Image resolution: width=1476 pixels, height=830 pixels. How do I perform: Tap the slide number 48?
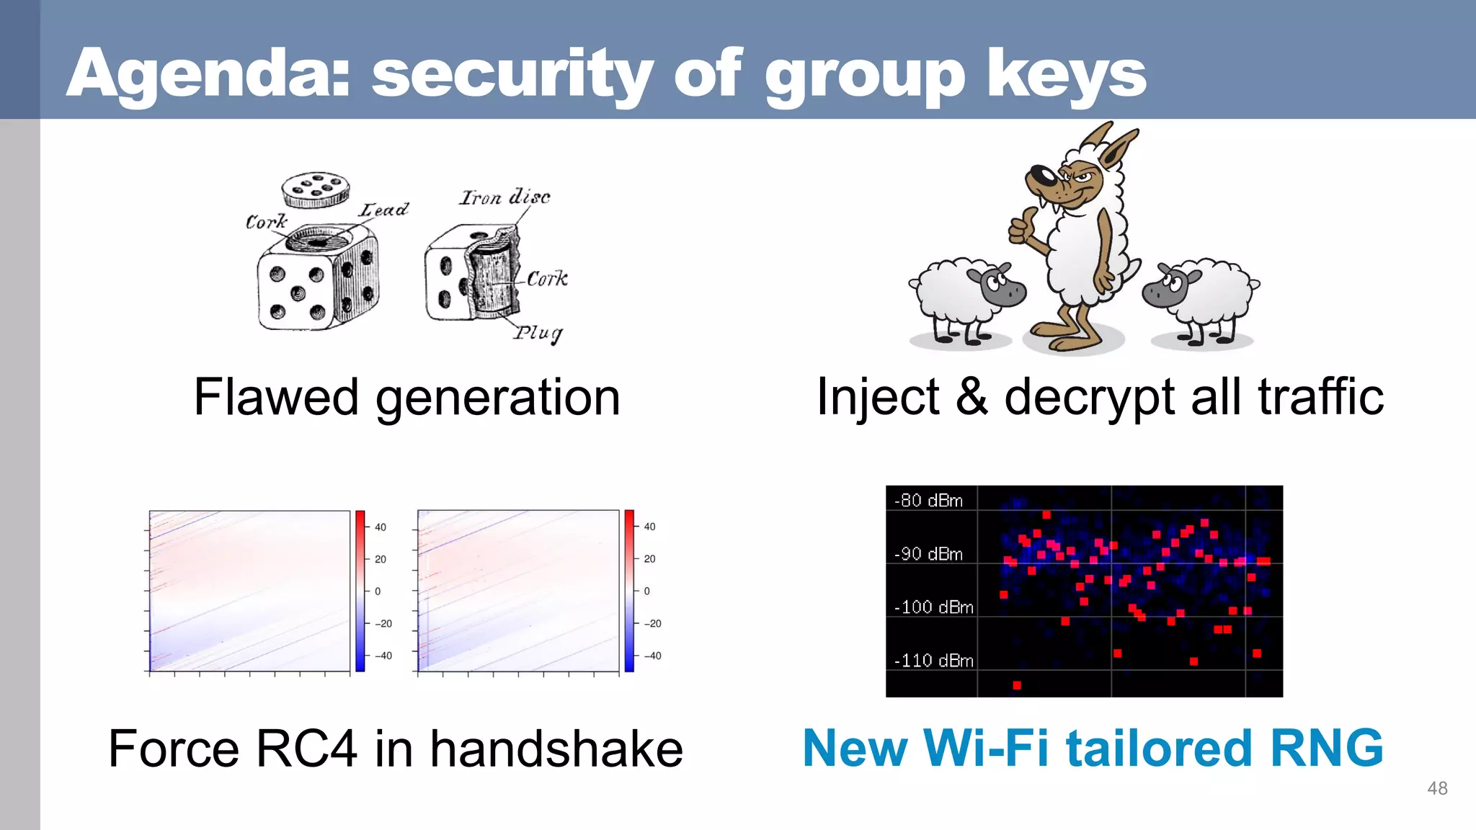(x=1437, y=788)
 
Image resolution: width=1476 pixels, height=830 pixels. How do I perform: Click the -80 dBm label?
(x=928, y=501)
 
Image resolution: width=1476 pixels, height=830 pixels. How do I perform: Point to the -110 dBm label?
(x=933, y=661)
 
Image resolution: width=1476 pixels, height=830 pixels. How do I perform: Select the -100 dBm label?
(x=933, y=607)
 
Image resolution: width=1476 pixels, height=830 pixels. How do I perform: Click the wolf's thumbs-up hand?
(x=1021, y=227)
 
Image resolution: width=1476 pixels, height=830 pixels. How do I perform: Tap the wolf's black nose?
(x=1039, y=175)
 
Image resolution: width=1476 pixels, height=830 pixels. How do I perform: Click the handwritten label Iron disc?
(x=504, y=197)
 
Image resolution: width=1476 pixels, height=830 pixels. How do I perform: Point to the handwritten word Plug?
(x=538, y=333)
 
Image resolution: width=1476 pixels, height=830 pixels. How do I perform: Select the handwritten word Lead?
(x=383, y=210)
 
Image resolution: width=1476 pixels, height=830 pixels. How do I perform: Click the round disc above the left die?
(x=316, y=189)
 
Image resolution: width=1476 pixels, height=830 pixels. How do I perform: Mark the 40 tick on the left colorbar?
(x=380, y=527)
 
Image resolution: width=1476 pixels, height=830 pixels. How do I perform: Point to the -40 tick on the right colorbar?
(x=652, y=656)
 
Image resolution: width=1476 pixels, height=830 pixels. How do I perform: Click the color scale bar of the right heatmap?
(x=629, y=591)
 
